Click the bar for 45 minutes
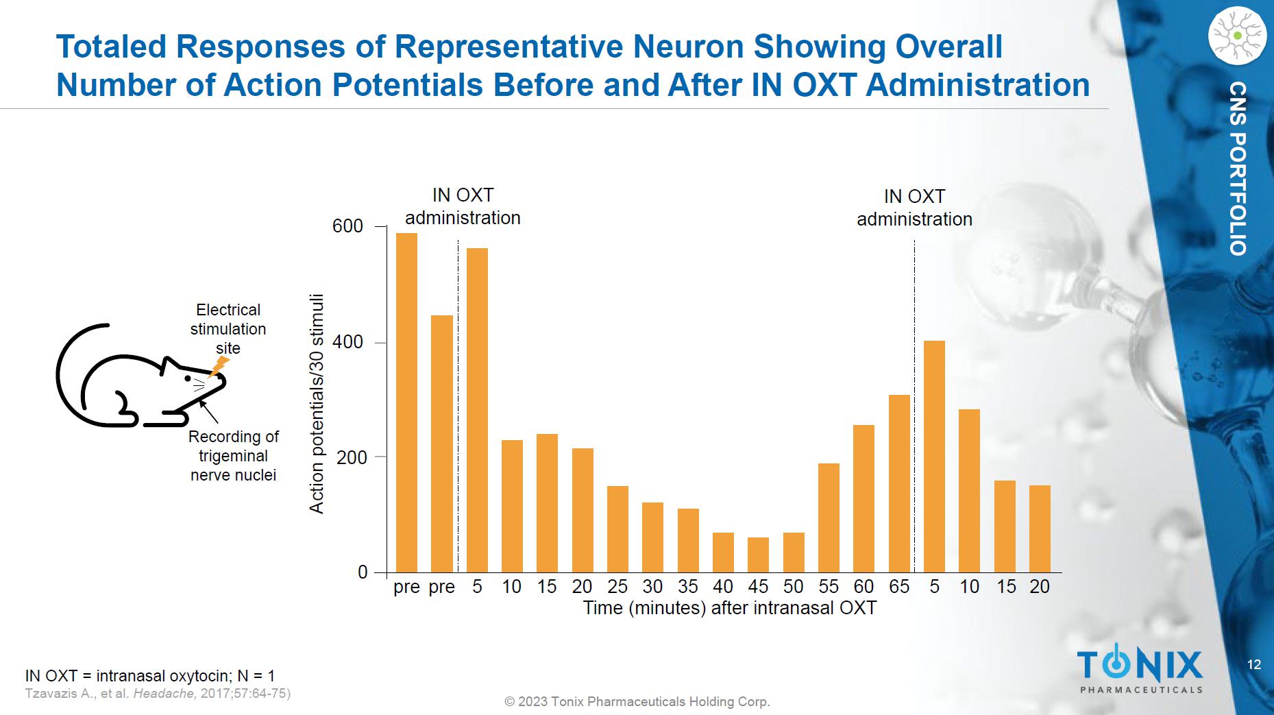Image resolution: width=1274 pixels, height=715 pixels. [758, 555]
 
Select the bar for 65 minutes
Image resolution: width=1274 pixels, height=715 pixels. [899, 483]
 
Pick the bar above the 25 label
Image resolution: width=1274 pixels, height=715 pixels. [617, 529]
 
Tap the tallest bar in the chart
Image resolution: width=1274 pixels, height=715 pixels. [406, 402]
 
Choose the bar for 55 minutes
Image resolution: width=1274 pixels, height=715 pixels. [829, 518]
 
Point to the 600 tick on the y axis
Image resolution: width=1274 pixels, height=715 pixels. [347, 226]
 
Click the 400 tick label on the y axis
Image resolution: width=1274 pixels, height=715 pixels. [347, 342]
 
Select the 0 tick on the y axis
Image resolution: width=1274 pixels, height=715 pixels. [363, 572]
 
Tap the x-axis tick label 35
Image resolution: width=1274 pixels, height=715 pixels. [687, 587]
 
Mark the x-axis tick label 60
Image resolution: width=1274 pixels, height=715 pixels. [863, 587]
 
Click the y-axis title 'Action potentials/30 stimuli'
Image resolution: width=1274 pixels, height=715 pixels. [316, 404]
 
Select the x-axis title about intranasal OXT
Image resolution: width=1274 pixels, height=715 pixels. [729, 608]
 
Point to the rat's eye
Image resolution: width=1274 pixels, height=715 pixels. [188, 378]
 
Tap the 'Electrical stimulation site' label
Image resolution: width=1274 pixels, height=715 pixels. [228, 329]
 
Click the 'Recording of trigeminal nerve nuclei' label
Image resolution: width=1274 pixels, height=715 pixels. [234, 456]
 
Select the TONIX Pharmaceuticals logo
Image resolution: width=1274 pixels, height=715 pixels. [1140, 670]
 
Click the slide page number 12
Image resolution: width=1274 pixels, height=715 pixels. [1253, 664]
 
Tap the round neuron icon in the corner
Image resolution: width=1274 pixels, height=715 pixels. [1237, 36]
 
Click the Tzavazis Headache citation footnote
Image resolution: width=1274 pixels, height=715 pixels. [158, 693]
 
